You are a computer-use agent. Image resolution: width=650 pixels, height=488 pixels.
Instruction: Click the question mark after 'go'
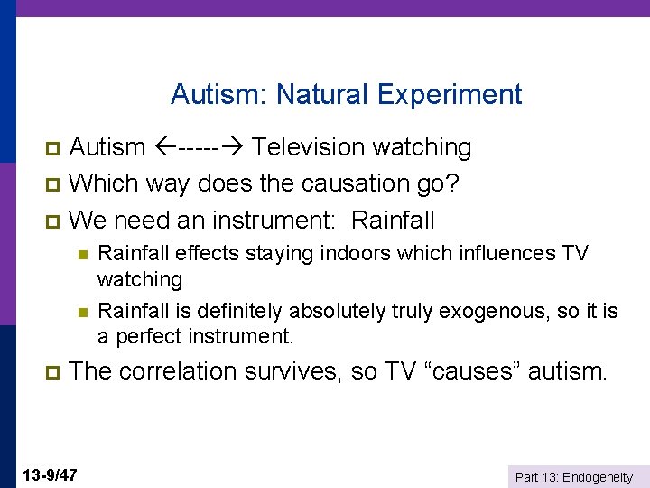pos(453,183)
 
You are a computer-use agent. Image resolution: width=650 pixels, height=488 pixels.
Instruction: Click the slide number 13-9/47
pos(51,474)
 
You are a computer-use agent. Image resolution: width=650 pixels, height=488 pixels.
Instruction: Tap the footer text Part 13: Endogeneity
pos(573,477)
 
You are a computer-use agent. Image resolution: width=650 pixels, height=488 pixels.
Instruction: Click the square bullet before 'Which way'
pos(51,184)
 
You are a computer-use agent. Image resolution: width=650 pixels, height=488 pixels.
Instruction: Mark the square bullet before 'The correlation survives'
pos(51,372)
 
